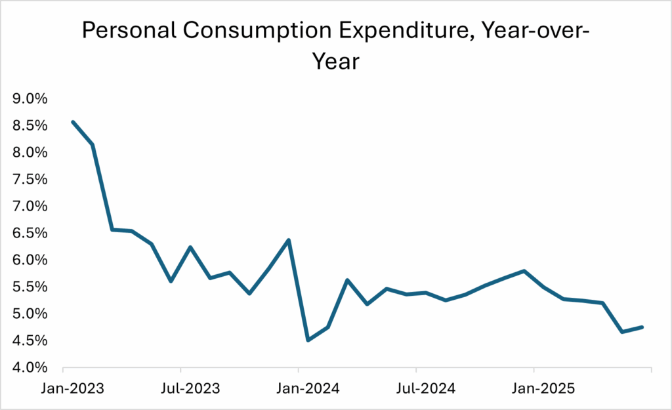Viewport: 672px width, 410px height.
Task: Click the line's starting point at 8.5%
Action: [72, 122]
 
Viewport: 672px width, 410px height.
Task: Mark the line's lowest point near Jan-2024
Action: [308, 340]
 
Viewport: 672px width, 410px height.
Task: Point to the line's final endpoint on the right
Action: [642, 327]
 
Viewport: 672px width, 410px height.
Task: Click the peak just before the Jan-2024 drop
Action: [289, 240]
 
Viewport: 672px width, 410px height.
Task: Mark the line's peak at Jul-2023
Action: [190, 247]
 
